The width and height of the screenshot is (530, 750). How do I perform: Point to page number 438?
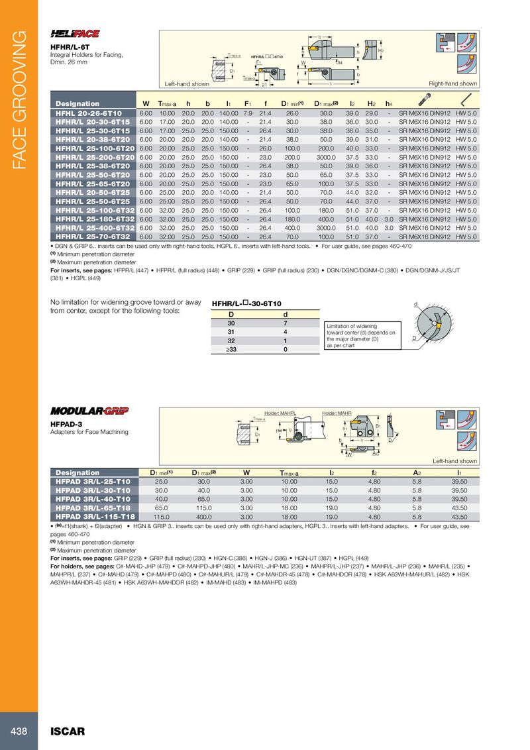point(19,731)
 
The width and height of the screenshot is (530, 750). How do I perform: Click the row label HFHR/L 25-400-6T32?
point(95,227)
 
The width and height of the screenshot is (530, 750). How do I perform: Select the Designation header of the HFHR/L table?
point(78,103)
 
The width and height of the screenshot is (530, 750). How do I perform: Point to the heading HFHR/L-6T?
point(68,47)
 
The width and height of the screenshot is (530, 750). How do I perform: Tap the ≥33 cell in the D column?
point(231,348)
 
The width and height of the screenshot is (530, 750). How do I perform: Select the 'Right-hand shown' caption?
point(453,84)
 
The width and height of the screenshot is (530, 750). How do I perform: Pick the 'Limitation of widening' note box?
point(361,335)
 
